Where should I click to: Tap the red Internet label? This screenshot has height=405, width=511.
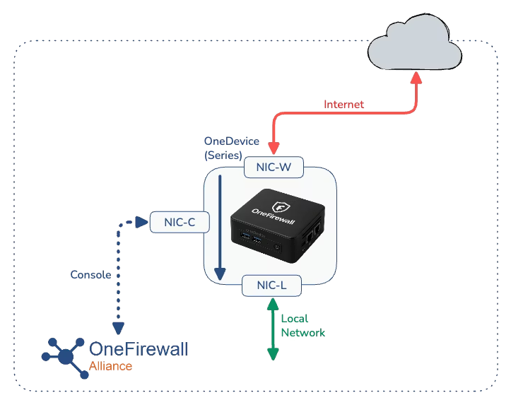click(343, 105)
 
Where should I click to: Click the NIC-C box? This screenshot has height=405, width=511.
click(179, 222)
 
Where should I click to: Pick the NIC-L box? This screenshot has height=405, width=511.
click(272, 286)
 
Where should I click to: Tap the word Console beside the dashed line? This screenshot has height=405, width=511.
click(90, 274)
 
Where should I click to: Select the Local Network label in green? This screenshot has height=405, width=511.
click(303, 325)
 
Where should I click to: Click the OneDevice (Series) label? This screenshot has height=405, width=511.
click(231, 148)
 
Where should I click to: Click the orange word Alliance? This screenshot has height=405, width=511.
click(110, 365)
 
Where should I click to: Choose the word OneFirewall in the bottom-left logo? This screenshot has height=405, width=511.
click(139, 349)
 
